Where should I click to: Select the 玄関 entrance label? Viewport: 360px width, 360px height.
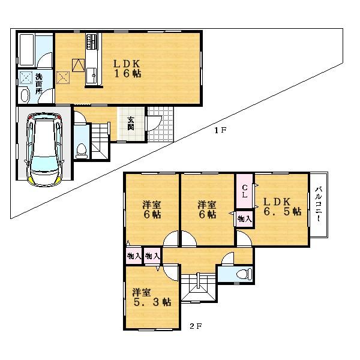pos(130,122)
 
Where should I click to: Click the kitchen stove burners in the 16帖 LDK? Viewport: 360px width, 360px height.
pos(92,43)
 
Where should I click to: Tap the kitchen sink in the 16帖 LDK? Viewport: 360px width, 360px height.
pos(93,76)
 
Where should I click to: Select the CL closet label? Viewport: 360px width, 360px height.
pos(245,190)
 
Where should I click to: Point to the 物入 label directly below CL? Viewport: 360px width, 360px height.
pos(244,219)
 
